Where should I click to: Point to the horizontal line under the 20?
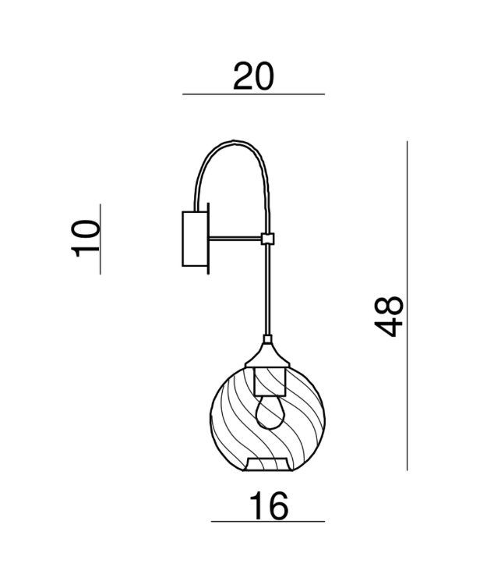(254, 94)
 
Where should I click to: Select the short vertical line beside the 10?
(101, 238)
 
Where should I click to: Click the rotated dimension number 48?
(387, 315)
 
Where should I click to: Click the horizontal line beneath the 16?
(268, 522)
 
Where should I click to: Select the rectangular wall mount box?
(193, 239)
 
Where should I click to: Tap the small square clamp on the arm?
(268, 239)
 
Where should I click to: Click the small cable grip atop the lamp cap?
(268, 341)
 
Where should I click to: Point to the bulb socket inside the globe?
(268, 381)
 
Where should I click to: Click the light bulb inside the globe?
(268, 411)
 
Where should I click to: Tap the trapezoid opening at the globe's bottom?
(268, 465)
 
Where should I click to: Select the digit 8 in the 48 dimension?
(387, 303)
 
